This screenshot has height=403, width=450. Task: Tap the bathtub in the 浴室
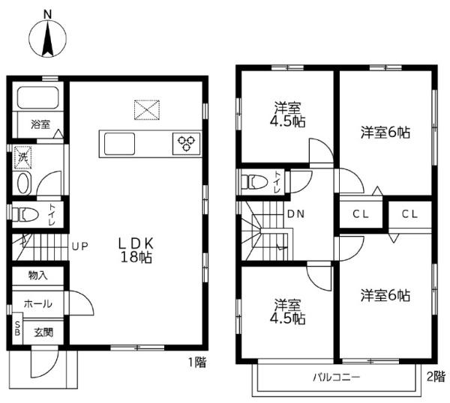pyautogui.click(x=38, y=97)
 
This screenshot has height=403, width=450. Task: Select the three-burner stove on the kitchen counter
pyautogui.click(x=187, y=144)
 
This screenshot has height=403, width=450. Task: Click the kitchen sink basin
pyautogui.click(x=120, y=144)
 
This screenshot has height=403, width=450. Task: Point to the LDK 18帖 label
pyautogui.click(x=136, y=250)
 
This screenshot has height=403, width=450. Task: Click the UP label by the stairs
pyautogui.click(x=79, y=246)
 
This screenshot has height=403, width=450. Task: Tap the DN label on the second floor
pyautogui.click(x=296, y=213)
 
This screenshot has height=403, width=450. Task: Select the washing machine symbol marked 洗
pyautogui.click(x=23, y=157)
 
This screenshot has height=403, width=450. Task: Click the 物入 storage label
pyautogui.click(x=38, y=276)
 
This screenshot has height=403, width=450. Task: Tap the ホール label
pyautogui.click(x=38, y=303)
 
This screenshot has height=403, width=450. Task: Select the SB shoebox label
pyautogui.click(x=17, y=329)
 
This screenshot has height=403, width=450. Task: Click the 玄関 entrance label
pyautogui.click(x=43, y=333)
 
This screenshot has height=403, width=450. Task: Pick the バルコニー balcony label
pyautogui.click(x=336, y=377)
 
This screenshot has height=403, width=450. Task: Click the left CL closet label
pyautogui.click(x=361, y=213)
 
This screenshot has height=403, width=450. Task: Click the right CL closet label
pyautogui.click(x=409, y=213)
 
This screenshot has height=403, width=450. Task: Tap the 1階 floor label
pyautogui.click(x=197, y=363)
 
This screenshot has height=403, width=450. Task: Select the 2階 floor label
pyautogui.click(x=436, y=376)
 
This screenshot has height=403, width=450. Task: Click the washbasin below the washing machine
pyautogui.click(x=23, y=184)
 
